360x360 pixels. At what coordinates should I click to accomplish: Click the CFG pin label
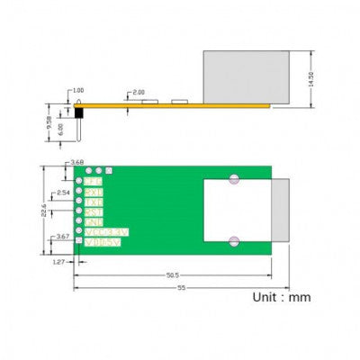[94, 181]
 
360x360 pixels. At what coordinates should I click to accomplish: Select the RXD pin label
[94, 191]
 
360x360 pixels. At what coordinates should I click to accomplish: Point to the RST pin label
[94, 211]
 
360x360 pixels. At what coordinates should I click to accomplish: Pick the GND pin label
[94, 221]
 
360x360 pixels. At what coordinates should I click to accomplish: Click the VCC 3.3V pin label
[105, 231]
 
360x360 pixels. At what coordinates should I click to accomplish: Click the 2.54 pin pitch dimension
[63, 192]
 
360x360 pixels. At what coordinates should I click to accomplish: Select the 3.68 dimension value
[76, 162]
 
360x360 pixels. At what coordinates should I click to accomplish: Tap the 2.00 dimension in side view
[139, 93]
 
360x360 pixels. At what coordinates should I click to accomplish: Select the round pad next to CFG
[79, 181]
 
